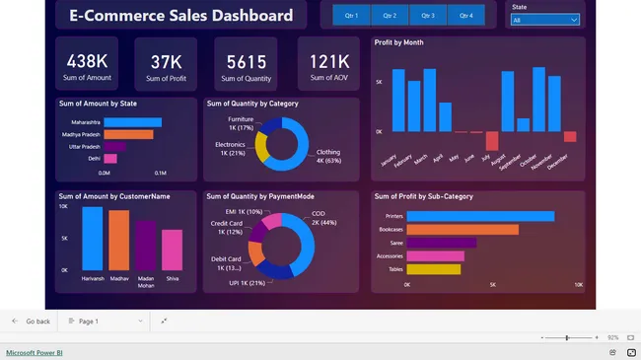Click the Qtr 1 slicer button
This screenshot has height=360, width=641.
(351, 16)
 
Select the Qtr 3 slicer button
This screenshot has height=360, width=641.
(427, 16)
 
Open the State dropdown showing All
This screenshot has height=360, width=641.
(544, 20)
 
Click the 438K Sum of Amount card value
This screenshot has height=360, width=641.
(86, 61)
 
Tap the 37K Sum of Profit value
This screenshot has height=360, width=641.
(165, 62)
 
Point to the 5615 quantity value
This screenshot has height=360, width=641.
(246, 62)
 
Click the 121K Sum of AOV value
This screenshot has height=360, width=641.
(327, 62)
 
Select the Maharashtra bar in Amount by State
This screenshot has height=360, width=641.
(133, 122)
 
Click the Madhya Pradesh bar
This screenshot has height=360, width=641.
(128, 134)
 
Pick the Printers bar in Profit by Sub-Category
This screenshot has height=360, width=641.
(479, 216)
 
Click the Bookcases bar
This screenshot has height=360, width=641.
(462, 229)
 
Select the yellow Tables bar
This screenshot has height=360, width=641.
(433, 268)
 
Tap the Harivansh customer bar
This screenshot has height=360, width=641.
(93, 237)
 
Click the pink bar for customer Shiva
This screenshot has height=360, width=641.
(172, 250)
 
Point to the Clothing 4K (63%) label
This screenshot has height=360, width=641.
(327, 156)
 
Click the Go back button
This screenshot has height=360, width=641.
(31, 322)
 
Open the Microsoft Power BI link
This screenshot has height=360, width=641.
(34, 352)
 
